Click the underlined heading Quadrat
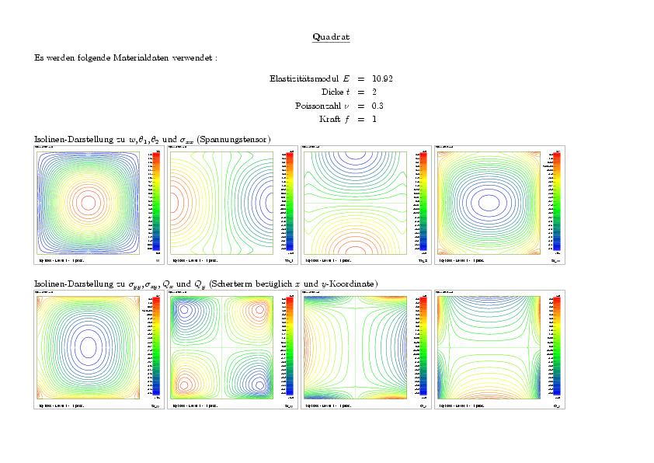pyautogui.click(x=330, y=37)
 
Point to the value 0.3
pyautogui.click(x=377, y=106)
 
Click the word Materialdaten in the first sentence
pyautogui.click(x=139, y=57)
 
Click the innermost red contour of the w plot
pyautogui.click(x=87, y=202)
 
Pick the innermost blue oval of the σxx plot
pyautogui.click(x=489, y=202)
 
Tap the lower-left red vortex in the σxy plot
pyautogui.click(x=186, y=383)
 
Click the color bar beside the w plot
pyautogui.click(x=156, y=202)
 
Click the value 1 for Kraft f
pyautogui.click(x=374, y=119)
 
